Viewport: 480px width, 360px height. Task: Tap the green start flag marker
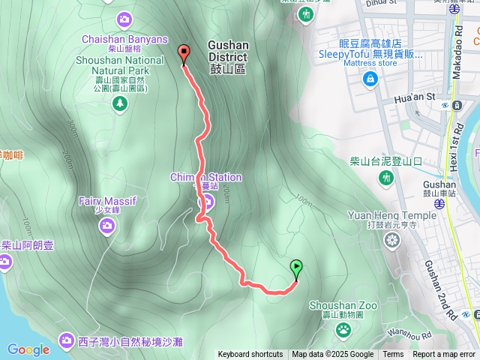(x=296, y=268)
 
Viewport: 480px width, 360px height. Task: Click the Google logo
(x=28, y=349)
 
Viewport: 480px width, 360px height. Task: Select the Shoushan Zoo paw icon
(x=343, y=329)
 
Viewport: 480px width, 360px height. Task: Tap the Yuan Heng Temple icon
(x=391, y=240)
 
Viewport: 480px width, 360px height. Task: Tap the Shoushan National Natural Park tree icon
(x=119, y=103)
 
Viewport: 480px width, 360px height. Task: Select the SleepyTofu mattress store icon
(x=369, y=79)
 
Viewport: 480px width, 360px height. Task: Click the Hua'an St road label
(x=414, y=97)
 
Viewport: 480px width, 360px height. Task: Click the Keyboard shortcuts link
(x=250, y=355)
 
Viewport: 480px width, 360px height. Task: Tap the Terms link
(x=393, y=355)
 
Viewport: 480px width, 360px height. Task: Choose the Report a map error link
(x=445, y=355)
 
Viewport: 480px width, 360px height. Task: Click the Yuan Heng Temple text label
(x=391, y=215)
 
